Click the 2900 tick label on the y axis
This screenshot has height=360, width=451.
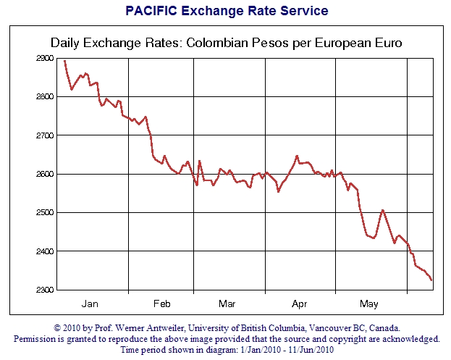click(44, 58)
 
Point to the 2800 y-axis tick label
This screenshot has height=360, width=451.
click(44, 96)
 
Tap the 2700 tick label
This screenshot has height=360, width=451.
click(44, 135)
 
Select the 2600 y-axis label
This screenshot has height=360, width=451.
click(44, 174)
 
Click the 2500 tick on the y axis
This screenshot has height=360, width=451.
click(44, 213)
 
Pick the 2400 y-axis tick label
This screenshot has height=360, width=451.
click(44, 251)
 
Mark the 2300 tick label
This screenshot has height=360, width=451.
click(44, 290)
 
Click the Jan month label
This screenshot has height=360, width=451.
click(90, 303)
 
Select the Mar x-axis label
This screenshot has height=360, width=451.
click(227, 303)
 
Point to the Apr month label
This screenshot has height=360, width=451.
click(298, 303)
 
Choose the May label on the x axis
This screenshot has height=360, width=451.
click(369, 303)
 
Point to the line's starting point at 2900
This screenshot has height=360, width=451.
click(64, 60)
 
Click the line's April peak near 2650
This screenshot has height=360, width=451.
click(297, 156)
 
